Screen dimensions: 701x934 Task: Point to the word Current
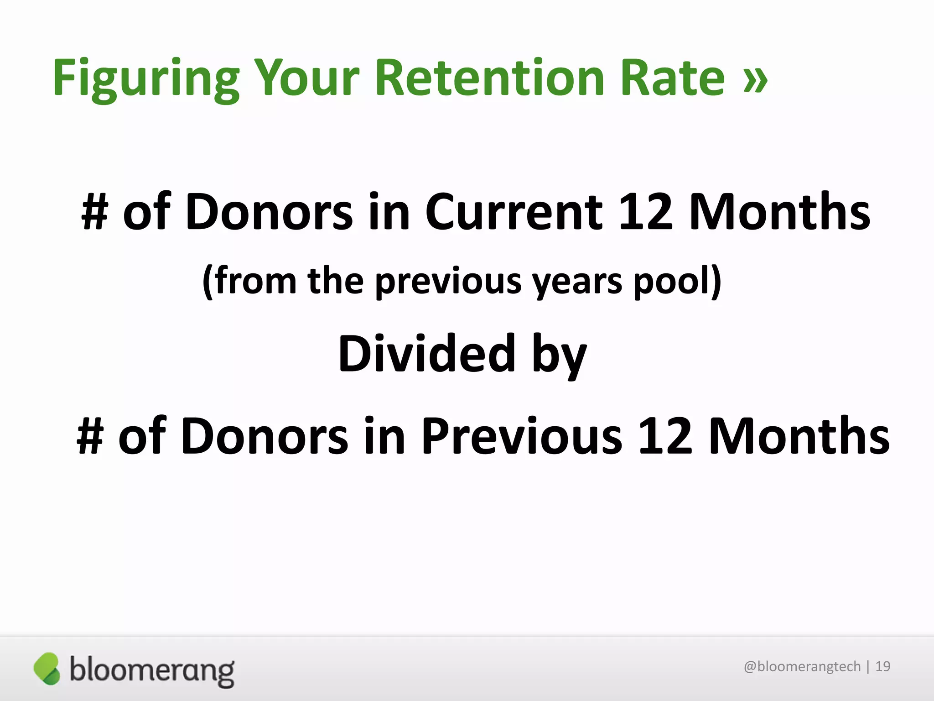coord(514,212)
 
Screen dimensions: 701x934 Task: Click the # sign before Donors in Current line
coord(95,212)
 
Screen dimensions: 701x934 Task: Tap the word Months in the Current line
coord(780,212)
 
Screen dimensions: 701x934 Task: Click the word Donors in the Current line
coord(269,212)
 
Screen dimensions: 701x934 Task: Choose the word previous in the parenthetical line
coord(448,281)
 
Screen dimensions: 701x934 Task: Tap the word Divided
coord(427,353)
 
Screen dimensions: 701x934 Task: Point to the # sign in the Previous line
coord(90,436)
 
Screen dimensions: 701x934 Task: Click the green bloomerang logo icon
coord(47,669)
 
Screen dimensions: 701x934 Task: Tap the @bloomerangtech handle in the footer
coord(802,666)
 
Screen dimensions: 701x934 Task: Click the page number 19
coord(883,666)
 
